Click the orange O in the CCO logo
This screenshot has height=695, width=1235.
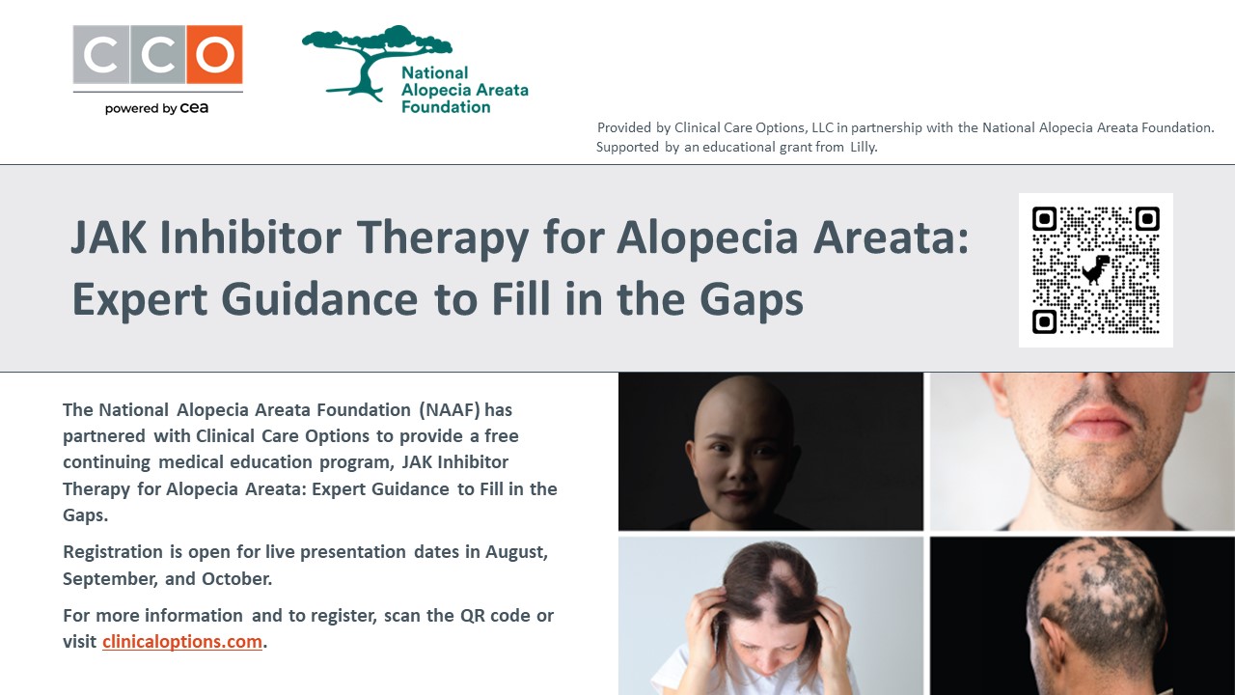214,55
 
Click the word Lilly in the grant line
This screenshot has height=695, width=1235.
864,148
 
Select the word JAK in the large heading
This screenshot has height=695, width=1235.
109,237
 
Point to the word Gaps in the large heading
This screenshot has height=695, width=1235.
751,300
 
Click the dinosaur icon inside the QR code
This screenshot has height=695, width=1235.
1096,269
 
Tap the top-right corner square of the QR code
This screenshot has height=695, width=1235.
1147,219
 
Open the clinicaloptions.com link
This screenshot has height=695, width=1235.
182,642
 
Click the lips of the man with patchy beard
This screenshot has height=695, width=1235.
1092,424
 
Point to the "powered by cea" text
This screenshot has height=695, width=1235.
156,108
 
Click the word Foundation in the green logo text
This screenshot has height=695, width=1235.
446,107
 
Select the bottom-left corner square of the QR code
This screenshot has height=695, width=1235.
1044,321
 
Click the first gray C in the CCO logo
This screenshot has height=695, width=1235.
101,55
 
